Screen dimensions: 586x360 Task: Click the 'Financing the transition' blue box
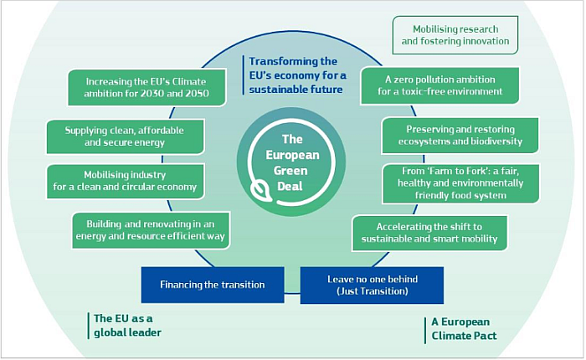click(213, 285)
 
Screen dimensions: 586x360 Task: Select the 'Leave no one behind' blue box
click(372, 285)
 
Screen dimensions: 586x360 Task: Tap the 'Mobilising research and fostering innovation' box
click(455, 35)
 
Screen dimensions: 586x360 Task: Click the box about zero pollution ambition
click(439, 85)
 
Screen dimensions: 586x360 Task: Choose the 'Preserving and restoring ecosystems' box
click(460, 136)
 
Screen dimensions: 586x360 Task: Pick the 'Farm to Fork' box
click(460, 183)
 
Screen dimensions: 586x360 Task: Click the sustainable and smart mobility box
click(429, 233)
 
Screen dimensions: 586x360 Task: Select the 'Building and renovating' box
click(151, 230)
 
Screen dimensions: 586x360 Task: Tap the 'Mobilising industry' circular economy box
click(125, 182)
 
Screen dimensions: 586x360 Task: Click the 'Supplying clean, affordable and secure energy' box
click(125, 136)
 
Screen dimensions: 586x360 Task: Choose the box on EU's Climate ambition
click(146, 87)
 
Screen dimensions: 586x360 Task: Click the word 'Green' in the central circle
click(290, 171)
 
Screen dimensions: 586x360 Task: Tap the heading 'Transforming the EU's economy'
click(297, 75)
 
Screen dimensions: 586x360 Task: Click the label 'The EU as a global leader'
click(127, 326)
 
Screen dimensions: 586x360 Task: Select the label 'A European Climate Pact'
click(464, 329)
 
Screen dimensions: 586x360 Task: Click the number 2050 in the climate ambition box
click(196, 94)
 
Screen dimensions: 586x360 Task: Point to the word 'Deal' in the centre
click(290, 186)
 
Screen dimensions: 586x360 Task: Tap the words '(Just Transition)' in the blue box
click(373, 291)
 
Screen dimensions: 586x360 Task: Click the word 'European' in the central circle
click(292, 155)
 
